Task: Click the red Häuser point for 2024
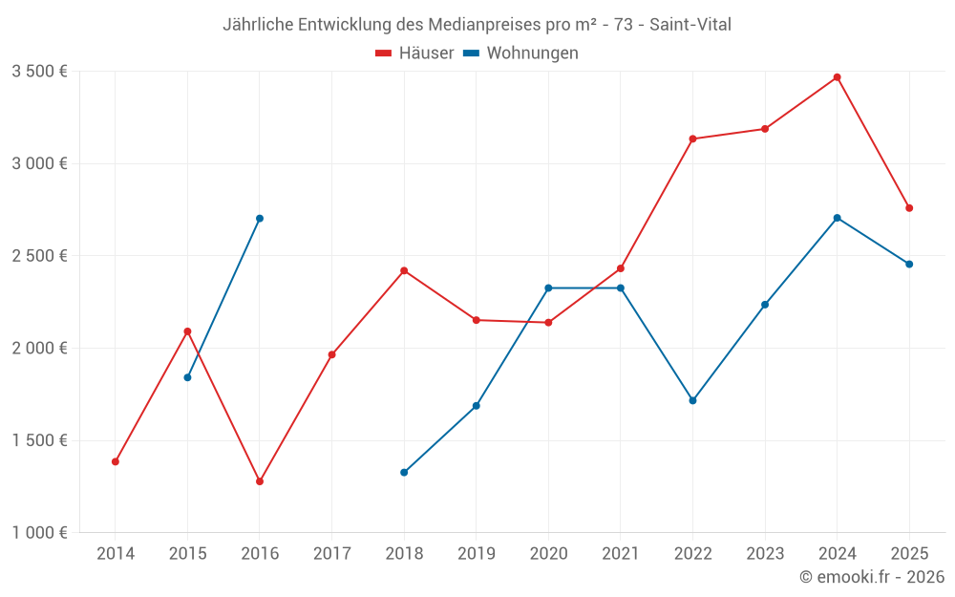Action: coord(837,77)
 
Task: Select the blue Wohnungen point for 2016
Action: coord(260,219)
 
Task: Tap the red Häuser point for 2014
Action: coord(116,461)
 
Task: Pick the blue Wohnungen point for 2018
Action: coord(404,472)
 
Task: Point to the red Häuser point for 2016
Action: coord(260,481)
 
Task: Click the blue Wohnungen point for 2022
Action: coord(692,400)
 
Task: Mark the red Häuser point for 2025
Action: coord(909,208)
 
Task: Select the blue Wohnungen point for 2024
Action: coord(837,218)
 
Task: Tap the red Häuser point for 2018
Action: coord(404,271)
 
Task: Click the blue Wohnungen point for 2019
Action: coord(477,406)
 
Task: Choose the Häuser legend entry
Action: coord(415,53)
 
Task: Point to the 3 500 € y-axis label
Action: coord(39,72)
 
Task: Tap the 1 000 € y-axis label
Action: coord(39,533)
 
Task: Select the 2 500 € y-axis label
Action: coord(39,256)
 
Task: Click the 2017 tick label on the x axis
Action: coord(331,553)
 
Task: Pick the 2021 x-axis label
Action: coord(621,553)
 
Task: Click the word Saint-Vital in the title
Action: coord(690,25)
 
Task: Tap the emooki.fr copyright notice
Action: coord(872,577)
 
